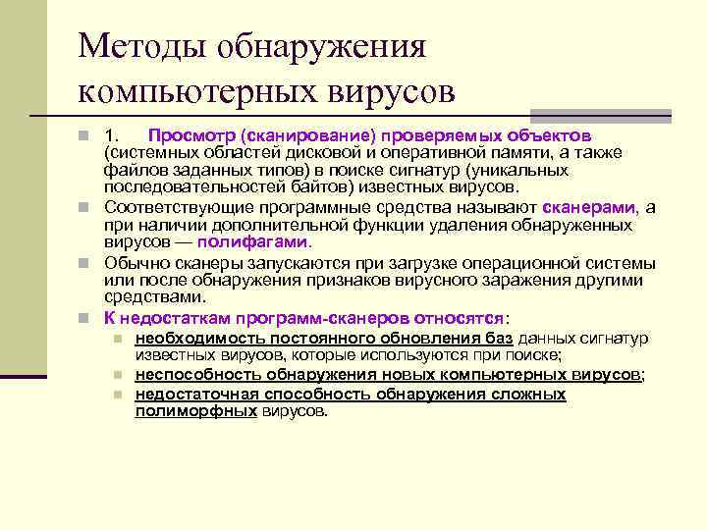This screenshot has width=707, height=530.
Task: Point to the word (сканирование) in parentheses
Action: [292, 134]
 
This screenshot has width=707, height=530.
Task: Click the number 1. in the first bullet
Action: [113, 134]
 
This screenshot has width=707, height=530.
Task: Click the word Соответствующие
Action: [176, 207]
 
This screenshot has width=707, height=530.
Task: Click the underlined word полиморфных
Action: [195, 411]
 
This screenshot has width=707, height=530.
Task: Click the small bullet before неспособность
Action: [117, 376]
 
